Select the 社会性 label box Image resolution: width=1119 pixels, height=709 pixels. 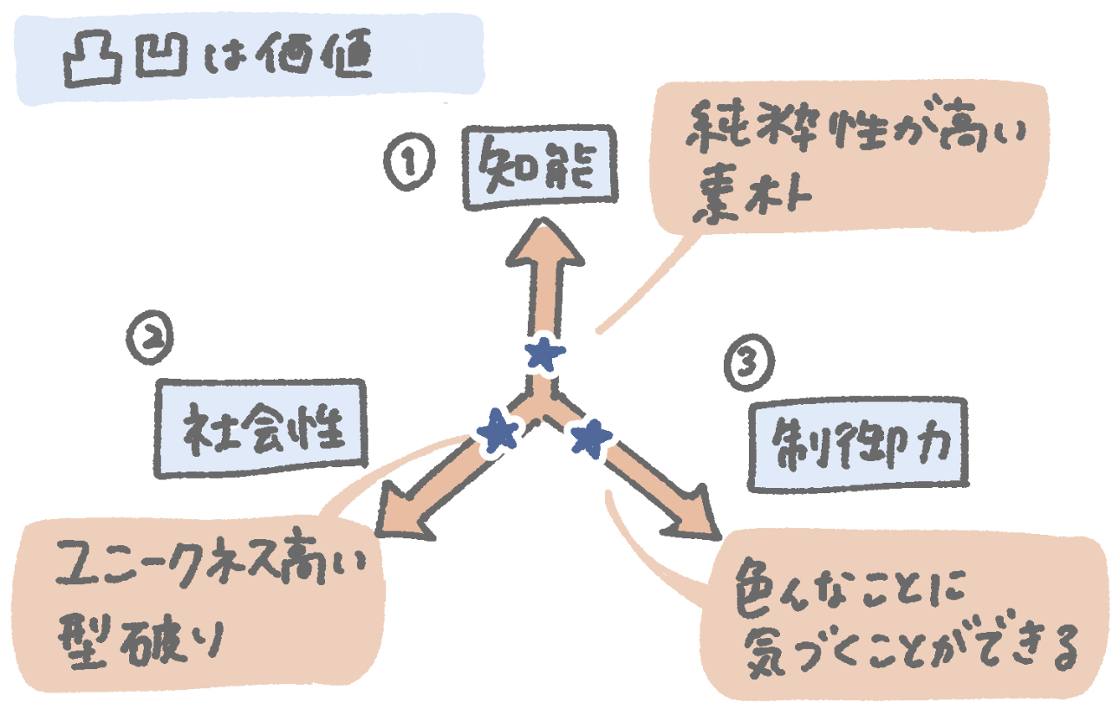coord(262,428)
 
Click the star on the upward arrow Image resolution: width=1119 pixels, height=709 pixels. coord(545,353)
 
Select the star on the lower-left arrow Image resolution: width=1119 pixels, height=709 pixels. coord(498,430)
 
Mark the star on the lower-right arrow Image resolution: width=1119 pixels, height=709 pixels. coord(590,438)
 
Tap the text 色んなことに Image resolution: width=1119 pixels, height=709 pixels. coord(841,589)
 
